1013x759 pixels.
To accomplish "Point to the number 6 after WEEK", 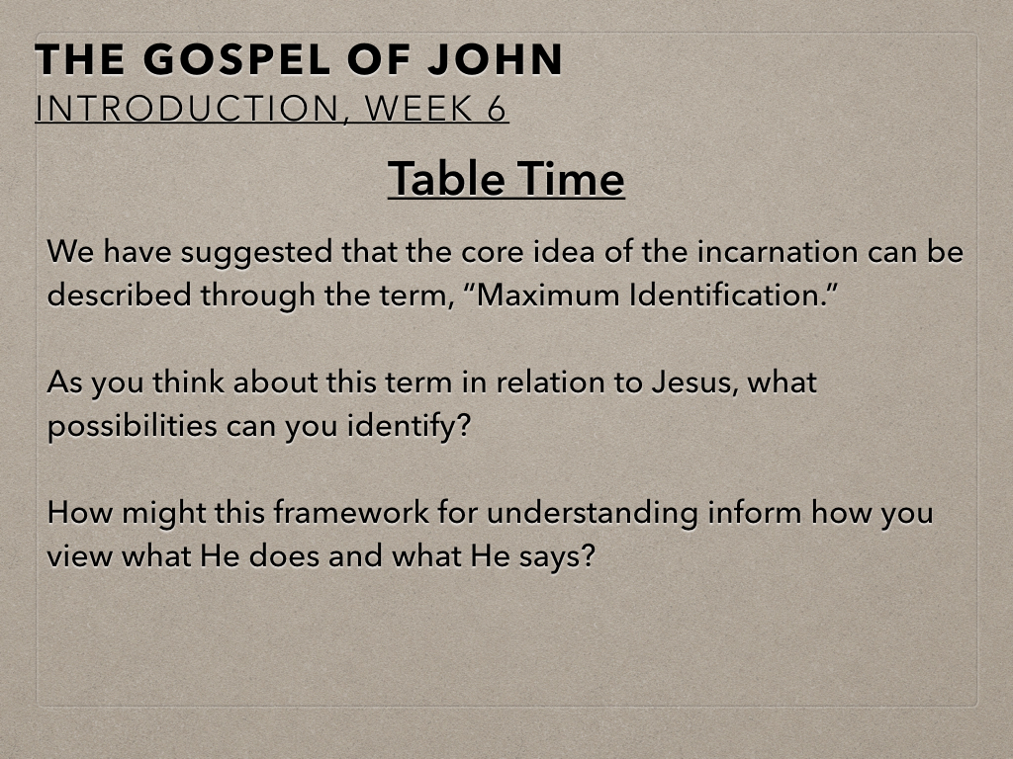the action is [x=497, y=109].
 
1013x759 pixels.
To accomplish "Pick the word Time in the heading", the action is [x=571, y=179].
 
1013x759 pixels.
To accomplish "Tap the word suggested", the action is [x=257, y=253].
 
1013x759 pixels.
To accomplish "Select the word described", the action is [x=119, y=295].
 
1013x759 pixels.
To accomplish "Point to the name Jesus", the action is [x=694, y=382].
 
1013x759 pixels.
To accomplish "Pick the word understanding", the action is [x=593, y=514].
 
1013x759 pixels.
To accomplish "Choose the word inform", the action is [x=755, y=513].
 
